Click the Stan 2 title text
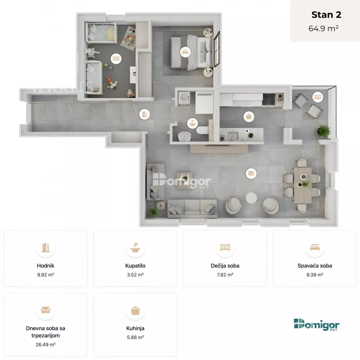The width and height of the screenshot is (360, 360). pyautogui.click(x=326, y=15)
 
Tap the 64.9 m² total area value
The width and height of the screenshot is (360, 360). pyautogui.click(x=324, y=28)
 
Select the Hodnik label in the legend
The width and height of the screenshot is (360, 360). pyautogui.click(x=46, y=266)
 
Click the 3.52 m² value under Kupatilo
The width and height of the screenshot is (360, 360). pyautogui.click(x=135, y=274)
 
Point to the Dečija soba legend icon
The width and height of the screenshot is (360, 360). pyautogui.click(x=225, y=248)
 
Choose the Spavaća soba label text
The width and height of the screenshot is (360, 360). pyautogui.click(x=315, y=266)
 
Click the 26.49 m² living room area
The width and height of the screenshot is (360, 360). pyautogui.click(x=46, y=344)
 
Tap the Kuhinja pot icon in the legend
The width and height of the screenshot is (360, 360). pyautogui.click(x=135, y=310)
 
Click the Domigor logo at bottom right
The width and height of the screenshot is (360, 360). pyautogui.click(x=317, y=325)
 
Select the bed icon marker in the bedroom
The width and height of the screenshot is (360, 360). pyautogui.click(x=185, y=52)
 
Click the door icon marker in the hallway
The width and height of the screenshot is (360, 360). pyautogui.click(x=145, y=114)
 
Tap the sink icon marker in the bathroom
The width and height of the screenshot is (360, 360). pyautogui.click(x=193, y=123)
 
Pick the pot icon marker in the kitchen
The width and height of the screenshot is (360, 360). pyautogui.click(x=249, y=117)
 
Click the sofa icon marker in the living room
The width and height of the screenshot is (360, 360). pyautogui.click(x=251, y=173)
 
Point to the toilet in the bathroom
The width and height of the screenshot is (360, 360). pyautogui.click(x=202, y=130)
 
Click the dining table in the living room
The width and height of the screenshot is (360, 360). pyautogui.click(x=303, y=186)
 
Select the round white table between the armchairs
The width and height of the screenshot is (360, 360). pyautogui.click(x=252, y=198)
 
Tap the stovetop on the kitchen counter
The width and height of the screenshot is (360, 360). pyautogui.click(x=269, y=99)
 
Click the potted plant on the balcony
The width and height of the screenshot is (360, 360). pyautogui.click(x=324, y=131)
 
